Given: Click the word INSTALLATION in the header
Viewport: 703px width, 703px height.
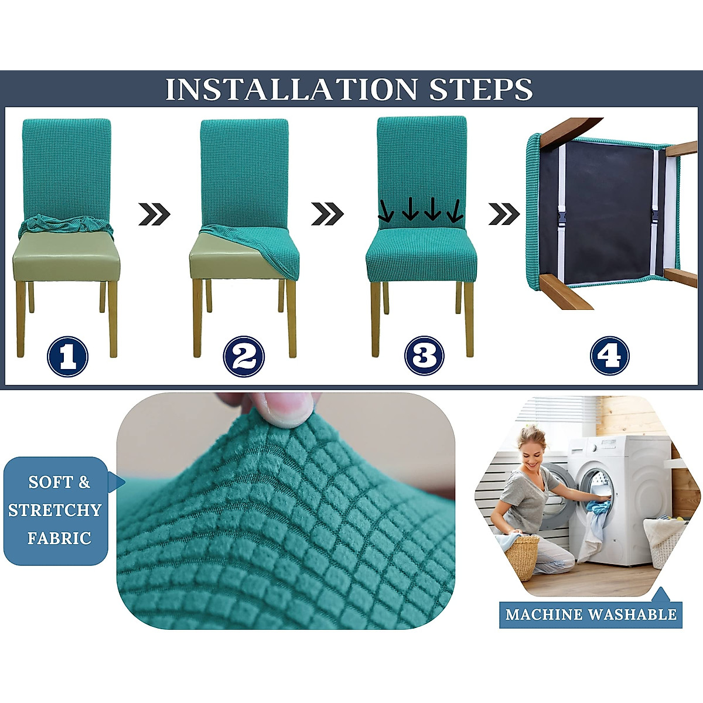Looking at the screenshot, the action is [x=291, y=89].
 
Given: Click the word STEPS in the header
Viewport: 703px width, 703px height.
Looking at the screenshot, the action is [x=481, y=89].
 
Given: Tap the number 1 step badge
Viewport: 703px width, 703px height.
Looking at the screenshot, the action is [x=67, y=356].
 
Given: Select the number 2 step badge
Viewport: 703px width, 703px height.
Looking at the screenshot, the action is [x=244, y=356].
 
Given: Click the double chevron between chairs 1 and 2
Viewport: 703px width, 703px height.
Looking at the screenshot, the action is [x=154, y=214].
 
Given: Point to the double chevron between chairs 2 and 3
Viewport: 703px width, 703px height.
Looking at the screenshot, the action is [x=327, y=214].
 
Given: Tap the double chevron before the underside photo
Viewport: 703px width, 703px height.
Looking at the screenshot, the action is [x=504, y=214].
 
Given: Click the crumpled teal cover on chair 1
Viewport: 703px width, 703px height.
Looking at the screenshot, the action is [x=66, y=226].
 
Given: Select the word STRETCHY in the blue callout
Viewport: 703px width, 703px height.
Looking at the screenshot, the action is [x=54, y=510].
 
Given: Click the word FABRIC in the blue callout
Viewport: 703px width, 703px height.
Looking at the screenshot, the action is [x=59, y=538].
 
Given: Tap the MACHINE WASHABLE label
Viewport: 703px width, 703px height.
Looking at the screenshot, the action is [x=591, y=614].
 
